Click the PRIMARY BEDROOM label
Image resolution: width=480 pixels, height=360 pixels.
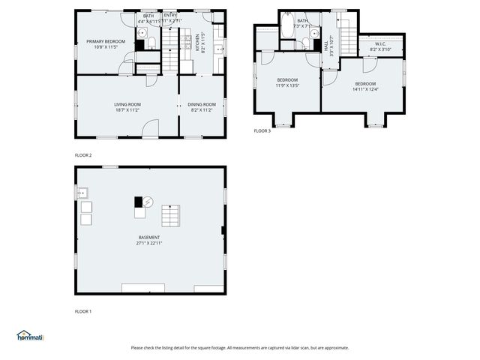pyautogui.click(x=105, y=41)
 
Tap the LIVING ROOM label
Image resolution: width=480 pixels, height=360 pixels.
pyautogui.click(x=127, y=104)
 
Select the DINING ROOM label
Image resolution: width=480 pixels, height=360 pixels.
pyautogui.click(x=202, y=104)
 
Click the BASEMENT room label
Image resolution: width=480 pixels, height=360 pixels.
pyautogui.click(x=148, y=237)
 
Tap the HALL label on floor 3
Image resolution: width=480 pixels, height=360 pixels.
pyautogui.click(x=326, y=45)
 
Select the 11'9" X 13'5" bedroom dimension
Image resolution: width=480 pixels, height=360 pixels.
pyautogui.click(x=288, y=85)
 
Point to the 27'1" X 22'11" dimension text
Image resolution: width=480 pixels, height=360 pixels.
pyautogui.click(x=148, y=243)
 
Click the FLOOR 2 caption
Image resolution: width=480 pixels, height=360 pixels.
pyautogui.click(x=83, y=154)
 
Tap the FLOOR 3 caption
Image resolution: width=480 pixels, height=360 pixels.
pyautogui.click(x=262, y=130)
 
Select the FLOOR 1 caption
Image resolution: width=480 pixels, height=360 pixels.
pyautogui.click(x=83, y=310)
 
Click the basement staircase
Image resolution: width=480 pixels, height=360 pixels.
pyautogui.click(x=171, y=215)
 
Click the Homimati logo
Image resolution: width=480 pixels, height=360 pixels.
pyautogui.click(x=29, y=335)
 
